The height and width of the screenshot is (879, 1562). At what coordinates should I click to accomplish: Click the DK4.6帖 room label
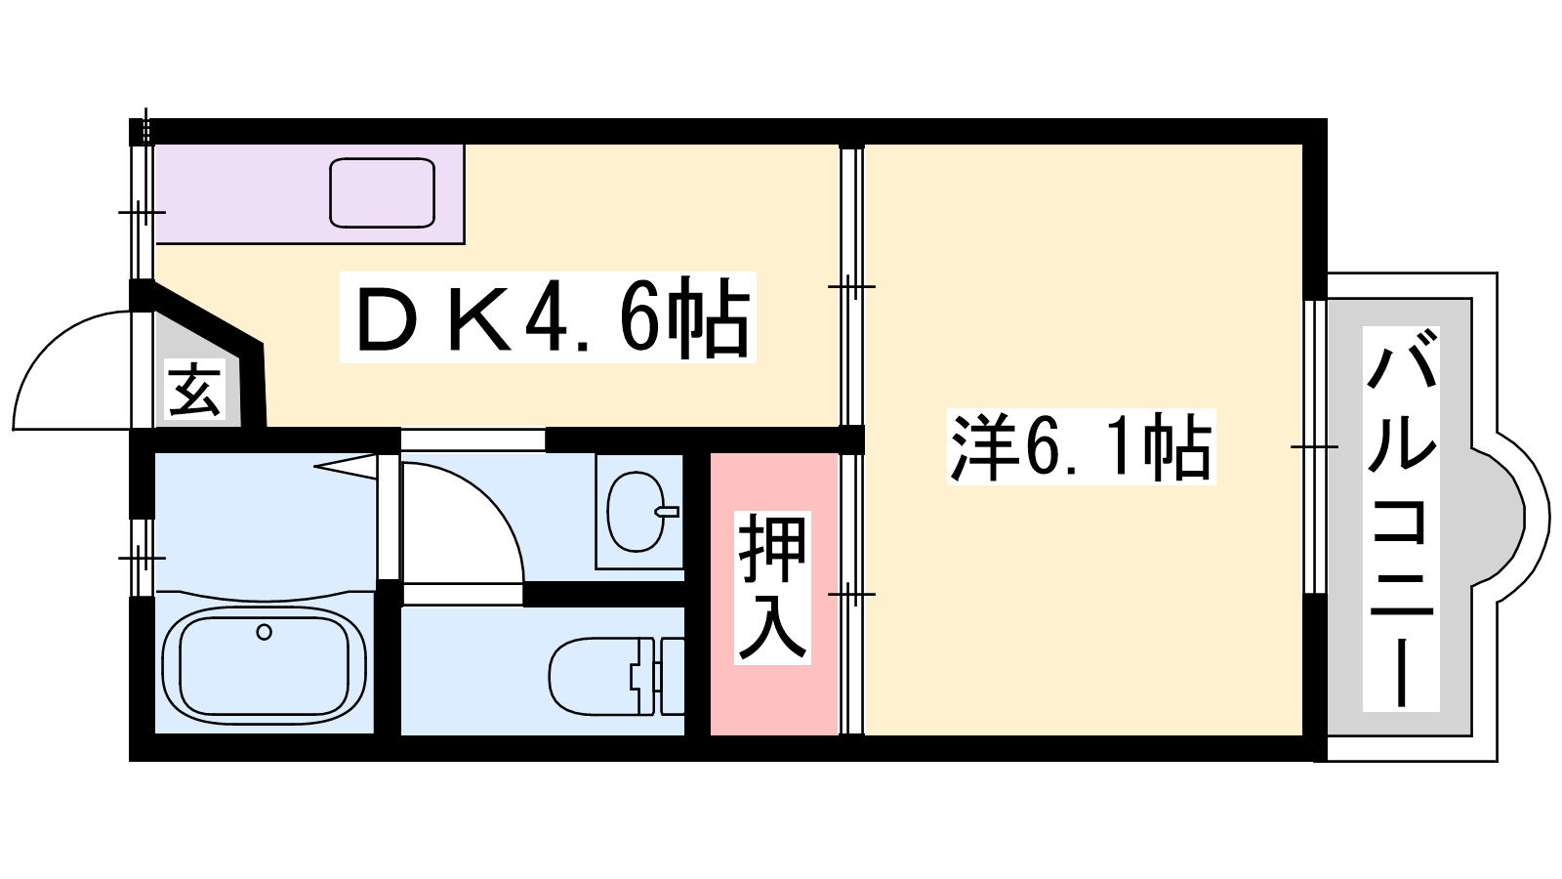547,317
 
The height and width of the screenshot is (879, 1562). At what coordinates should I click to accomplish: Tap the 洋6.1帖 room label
1081,447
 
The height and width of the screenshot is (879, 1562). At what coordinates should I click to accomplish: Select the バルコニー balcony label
1401,519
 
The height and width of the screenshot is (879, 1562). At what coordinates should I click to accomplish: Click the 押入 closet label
773,588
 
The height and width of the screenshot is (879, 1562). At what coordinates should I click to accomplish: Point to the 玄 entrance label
195,389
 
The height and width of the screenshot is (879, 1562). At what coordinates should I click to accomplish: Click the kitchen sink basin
382,192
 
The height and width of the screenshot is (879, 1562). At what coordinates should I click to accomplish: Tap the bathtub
264,664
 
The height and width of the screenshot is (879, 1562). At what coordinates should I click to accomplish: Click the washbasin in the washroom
635,512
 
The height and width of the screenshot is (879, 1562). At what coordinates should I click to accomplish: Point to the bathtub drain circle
264,632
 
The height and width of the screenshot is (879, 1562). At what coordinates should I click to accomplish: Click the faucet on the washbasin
668,511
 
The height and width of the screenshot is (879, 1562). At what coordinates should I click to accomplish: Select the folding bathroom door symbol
347,467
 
